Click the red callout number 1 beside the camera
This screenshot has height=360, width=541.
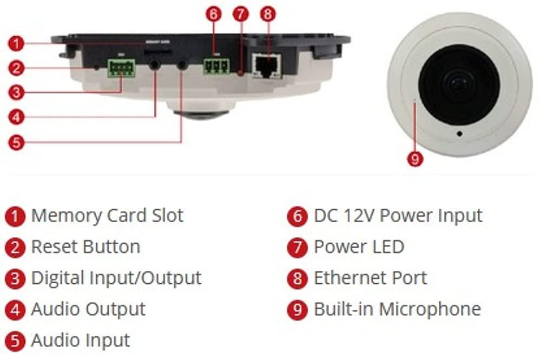tap(17, 43)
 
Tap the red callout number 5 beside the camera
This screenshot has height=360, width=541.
tap(17, 142)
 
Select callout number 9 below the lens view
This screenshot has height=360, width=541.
tap(414, 159)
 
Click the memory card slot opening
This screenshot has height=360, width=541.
tap(158, 52)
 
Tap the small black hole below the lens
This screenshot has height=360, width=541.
tap(459, 134)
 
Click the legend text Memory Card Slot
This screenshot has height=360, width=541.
tap(107, 216)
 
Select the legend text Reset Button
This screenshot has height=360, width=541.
tap(85, 247)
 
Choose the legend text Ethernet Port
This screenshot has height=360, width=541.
tap(370, 278)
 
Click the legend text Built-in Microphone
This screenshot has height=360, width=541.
tap(397, 309)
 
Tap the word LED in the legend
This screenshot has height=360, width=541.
tap(389, 247)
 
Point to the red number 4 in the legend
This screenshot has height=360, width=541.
tap(16, 310)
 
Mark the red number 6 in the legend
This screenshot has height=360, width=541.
tap(297, 217)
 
